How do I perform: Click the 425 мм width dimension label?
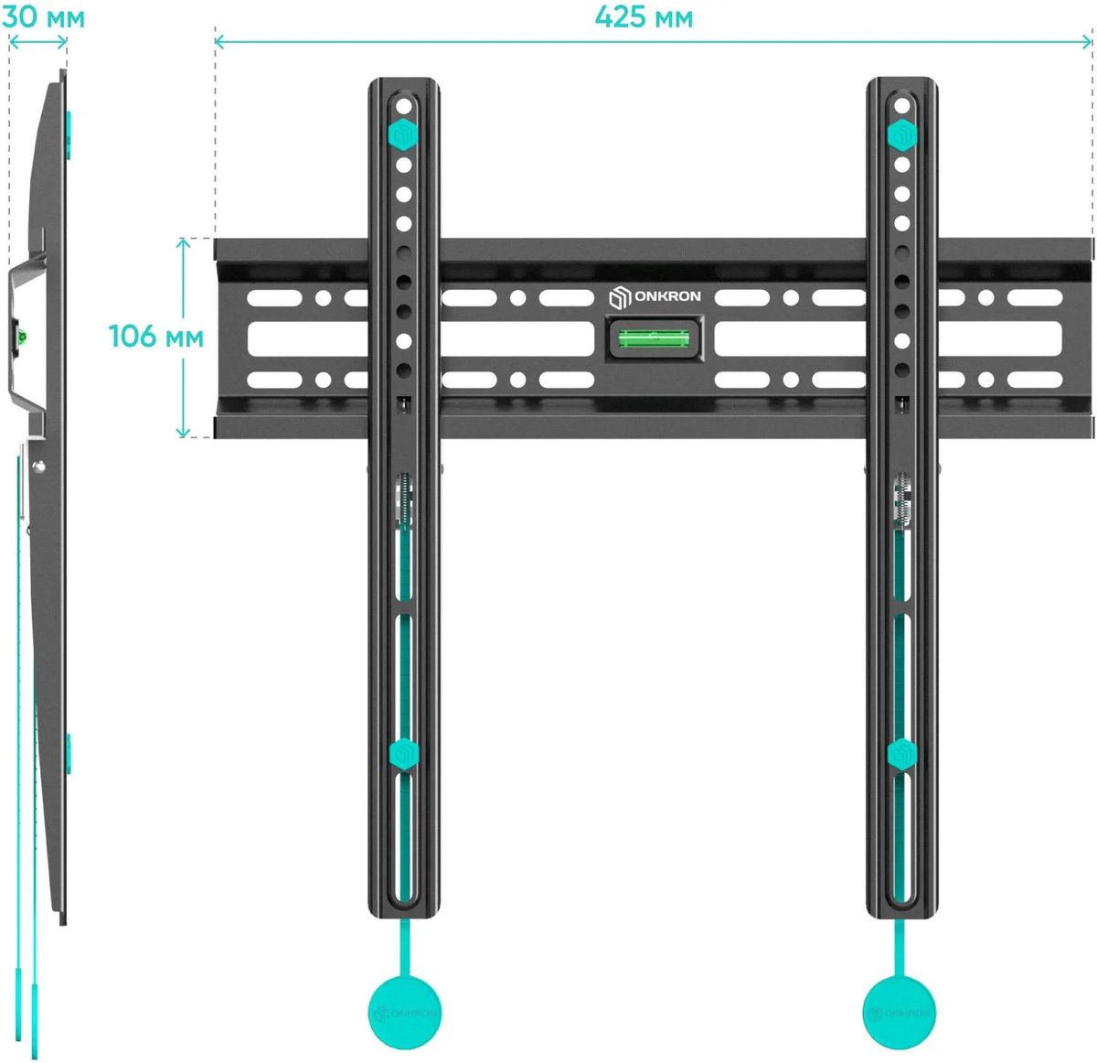click(644, 17)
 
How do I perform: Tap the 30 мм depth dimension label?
click(43, 17)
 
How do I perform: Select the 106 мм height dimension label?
click(156, 337)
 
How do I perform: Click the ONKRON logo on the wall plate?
click(655, 296)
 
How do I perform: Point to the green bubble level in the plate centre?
click(654, 338)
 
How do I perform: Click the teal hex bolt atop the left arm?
click(403, 134)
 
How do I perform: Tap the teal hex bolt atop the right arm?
click(902, 135)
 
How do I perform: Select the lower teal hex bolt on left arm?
click(404, 754)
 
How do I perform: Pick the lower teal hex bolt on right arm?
click(902, 754)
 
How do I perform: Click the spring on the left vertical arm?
click(405, 501)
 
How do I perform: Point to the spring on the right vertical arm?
click(902, 501)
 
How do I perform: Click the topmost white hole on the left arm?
click(404, 106)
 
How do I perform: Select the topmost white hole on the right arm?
click(902, 105)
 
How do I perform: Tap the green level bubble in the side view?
click(23, 338)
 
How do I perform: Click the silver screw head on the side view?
click(39, 467)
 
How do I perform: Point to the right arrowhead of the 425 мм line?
click(1086, 42)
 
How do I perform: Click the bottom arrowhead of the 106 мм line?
click(183, 433)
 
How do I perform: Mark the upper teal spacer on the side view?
click(69, 134)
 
